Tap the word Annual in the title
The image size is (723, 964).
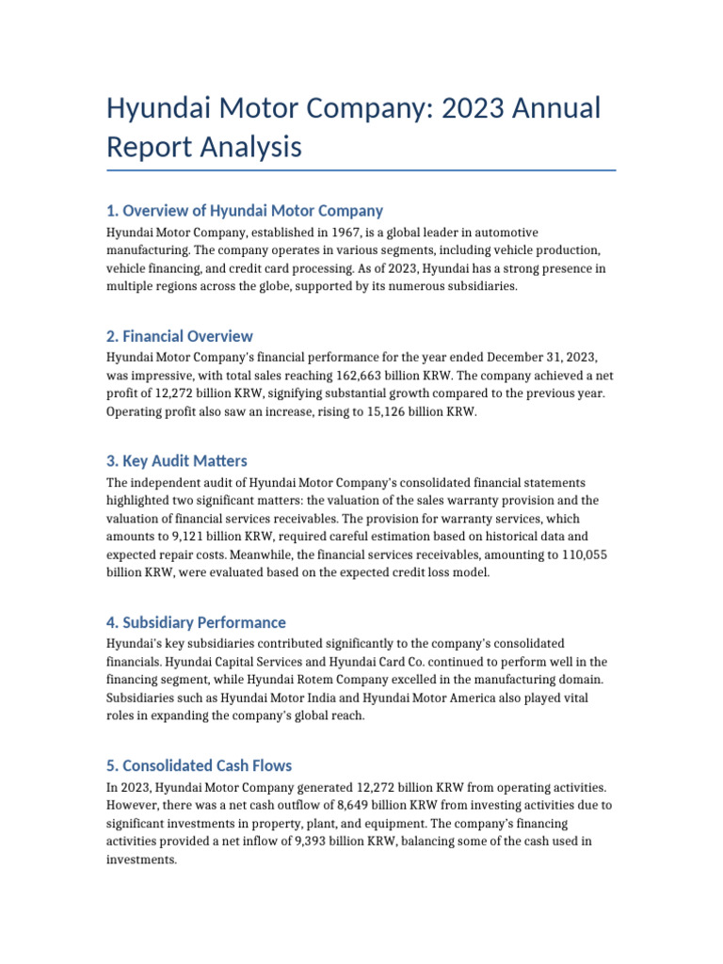pyautogui.click(x=554, y=108)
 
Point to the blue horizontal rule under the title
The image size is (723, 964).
pyautogui.click(x=361, y=170)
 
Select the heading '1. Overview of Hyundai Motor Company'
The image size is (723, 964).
pyautogui.click(x=245, y=211)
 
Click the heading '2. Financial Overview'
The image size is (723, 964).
pyautogui.click(x=180, y=336)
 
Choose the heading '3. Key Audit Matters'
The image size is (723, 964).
pyautogui.click(x=177, y=460)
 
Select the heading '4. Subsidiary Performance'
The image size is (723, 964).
pyautogui.click(x=196, y=622)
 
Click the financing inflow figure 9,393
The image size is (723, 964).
pyautogui.click(x=319, y=842)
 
